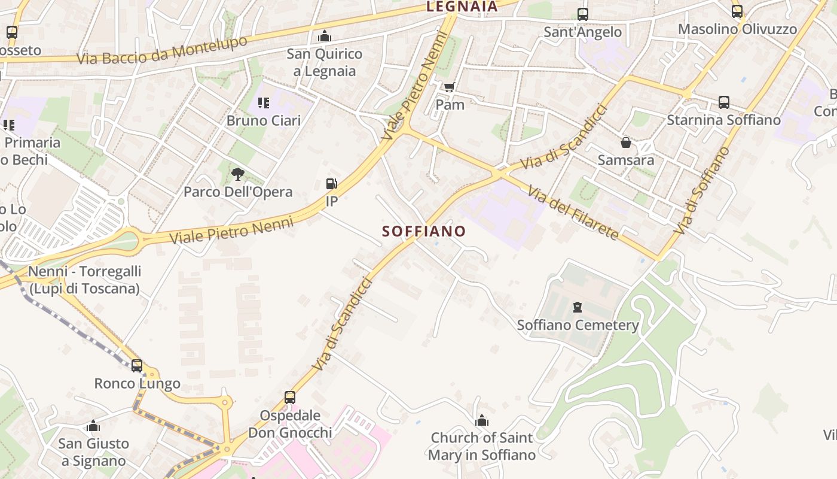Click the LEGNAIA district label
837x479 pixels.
(462, 7)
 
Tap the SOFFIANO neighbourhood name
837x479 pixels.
(424, 231)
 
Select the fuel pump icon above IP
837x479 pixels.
(331, 184)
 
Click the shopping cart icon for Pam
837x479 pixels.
(450, 87)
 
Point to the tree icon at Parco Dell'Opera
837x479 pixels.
(238, 174)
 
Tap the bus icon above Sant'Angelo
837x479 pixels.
(582, 14)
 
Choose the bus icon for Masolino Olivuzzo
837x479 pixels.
(737, 11)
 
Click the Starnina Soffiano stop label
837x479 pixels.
(723, 120)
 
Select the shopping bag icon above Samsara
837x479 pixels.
(626, 143)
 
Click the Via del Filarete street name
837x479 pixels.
(573, 213)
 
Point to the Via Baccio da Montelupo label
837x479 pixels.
(162, 50)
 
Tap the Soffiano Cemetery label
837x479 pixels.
(578, 325)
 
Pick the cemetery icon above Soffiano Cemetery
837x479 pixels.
(578, 307)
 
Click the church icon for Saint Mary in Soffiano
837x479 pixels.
(482, 420)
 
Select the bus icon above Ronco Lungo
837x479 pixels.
(137, 365)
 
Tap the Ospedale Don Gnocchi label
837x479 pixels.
(290, 423)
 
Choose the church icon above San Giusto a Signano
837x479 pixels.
(93, 426)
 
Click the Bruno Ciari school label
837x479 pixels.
(263, 120)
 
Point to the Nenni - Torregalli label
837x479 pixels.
(84, 280)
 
